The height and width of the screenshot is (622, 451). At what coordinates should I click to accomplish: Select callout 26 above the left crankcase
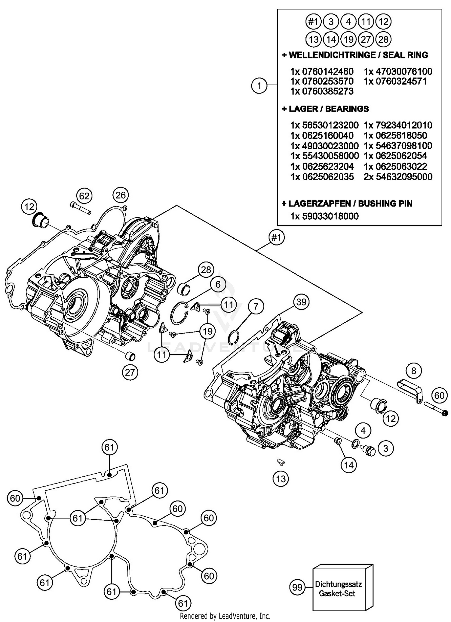(x=121, y=195)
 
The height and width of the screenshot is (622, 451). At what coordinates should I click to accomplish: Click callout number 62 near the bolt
(x=84, y=196)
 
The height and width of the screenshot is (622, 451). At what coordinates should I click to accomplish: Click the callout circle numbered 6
(x=217, y=284)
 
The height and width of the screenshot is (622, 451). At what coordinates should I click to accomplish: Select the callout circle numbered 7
(x=256, y=307)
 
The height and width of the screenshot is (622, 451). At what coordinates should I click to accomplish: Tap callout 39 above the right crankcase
(x=301, y=302)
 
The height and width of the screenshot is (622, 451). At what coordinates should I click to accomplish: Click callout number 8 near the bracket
(x=414, y=371)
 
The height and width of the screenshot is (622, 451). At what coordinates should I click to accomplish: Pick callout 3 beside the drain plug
(x=386, y=448)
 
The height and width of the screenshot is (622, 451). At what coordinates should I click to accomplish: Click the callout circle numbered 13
(x=281, y=478)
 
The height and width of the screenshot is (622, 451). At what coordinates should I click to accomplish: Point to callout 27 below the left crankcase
(x=130, y=373)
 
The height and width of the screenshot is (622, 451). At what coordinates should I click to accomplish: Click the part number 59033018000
(x=324, y=216)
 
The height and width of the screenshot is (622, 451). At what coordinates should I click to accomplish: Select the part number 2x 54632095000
(x=398, y=177)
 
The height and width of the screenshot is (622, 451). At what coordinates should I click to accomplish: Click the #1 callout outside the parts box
(x=276, y=237)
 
